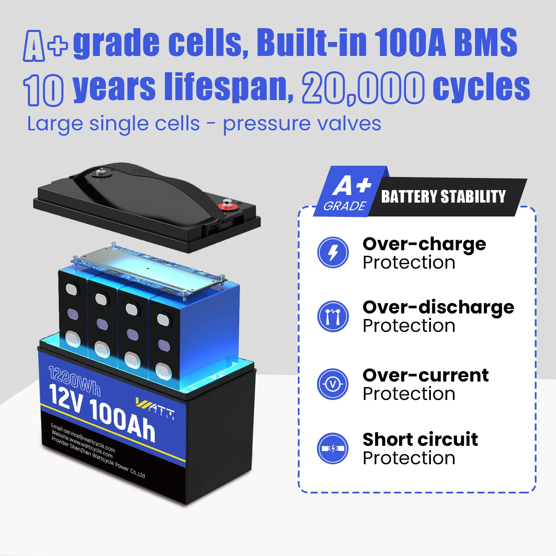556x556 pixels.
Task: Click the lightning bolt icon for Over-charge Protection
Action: point(333,252)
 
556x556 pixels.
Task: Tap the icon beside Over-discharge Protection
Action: point(333,316)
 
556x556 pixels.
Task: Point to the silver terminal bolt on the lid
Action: point(101,172)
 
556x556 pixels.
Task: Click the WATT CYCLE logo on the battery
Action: point(155,407)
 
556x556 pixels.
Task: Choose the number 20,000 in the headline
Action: point(363,88)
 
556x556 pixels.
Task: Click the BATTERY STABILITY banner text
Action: point(443,197)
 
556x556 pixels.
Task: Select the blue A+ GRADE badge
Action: point(347,193)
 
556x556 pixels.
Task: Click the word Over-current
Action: point(425,375)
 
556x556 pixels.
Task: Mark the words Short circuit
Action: point(420,440)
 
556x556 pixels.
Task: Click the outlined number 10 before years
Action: point(44,90)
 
